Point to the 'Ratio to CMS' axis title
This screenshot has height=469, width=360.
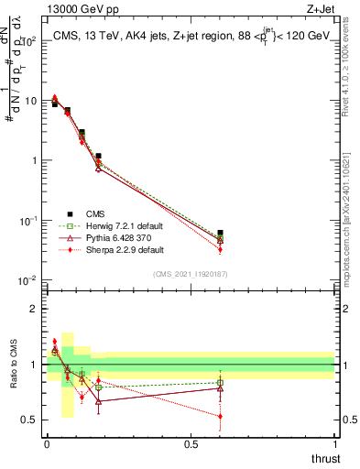tap(12, 364)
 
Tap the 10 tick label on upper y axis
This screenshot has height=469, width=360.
tap(31, 101)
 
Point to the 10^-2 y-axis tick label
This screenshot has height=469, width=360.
tap(28, 280)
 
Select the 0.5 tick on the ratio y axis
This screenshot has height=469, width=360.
tap(32, 420)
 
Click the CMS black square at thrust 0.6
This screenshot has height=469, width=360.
tap(220, 234)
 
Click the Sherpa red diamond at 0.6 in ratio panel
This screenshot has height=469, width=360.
tap(220, 416)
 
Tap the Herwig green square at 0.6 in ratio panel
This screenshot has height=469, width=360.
tap(220, 383)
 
